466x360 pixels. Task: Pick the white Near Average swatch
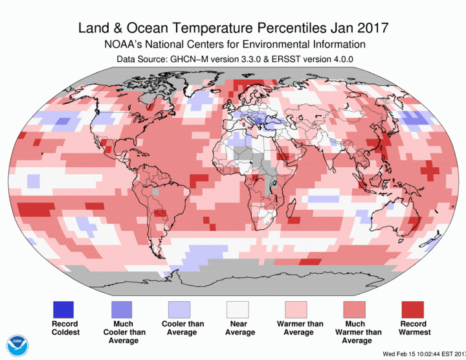[x=239, y=309]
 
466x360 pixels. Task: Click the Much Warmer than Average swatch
[x=356, y=309]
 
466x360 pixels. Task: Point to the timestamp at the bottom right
[x=424, y=354]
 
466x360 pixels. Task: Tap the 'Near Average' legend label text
[x=239, y=328]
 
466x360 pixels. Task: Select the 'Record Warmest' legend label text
[x=414, y=328]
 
